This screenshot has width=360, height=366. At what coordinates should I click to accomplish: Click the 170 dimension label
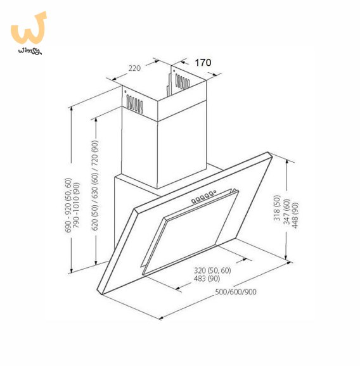(x=203, y=63)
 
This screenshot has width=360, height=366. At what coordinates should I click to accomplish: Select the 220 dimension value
(x=134, y=68)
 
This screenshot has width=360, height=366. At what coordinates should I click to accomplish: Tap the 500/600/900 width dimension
(x=236, y=292)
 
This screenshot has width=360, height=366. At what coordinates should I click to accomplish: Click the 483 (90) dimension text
(x=207, y=279)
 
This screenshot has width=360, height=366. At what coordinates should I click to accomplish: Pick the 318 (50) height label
(x=277, y=208)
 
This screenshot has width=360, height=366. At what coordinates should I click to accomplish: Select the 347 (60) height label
(x=286, y=211)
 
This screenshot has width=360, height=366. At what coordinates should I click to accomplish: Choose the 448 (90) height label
(x=295, y=215)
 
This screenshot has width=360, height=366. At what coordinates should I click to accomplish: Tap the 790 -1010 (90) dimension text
(x=77, y=205)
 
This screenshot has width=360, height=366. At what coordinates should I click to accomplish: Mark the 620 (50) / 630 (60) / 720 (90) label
(x=95, y=186)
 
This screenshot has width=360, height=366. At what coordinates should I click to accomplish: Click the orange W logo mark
(x=29, y=28)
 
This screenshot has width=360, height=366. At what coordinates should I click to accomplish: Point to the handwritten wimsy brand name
(x=30, y=51)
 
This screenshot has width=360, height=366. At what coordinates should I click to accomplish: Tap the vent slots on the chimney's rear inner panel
(x=183, y=82)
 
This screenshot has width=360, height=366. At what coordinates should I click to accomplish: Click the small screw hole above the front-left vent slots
(x=125, y=92)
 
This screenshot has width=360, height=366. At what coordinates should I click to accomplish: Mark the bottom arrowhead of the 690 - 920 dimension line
(x=72, y=270)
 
